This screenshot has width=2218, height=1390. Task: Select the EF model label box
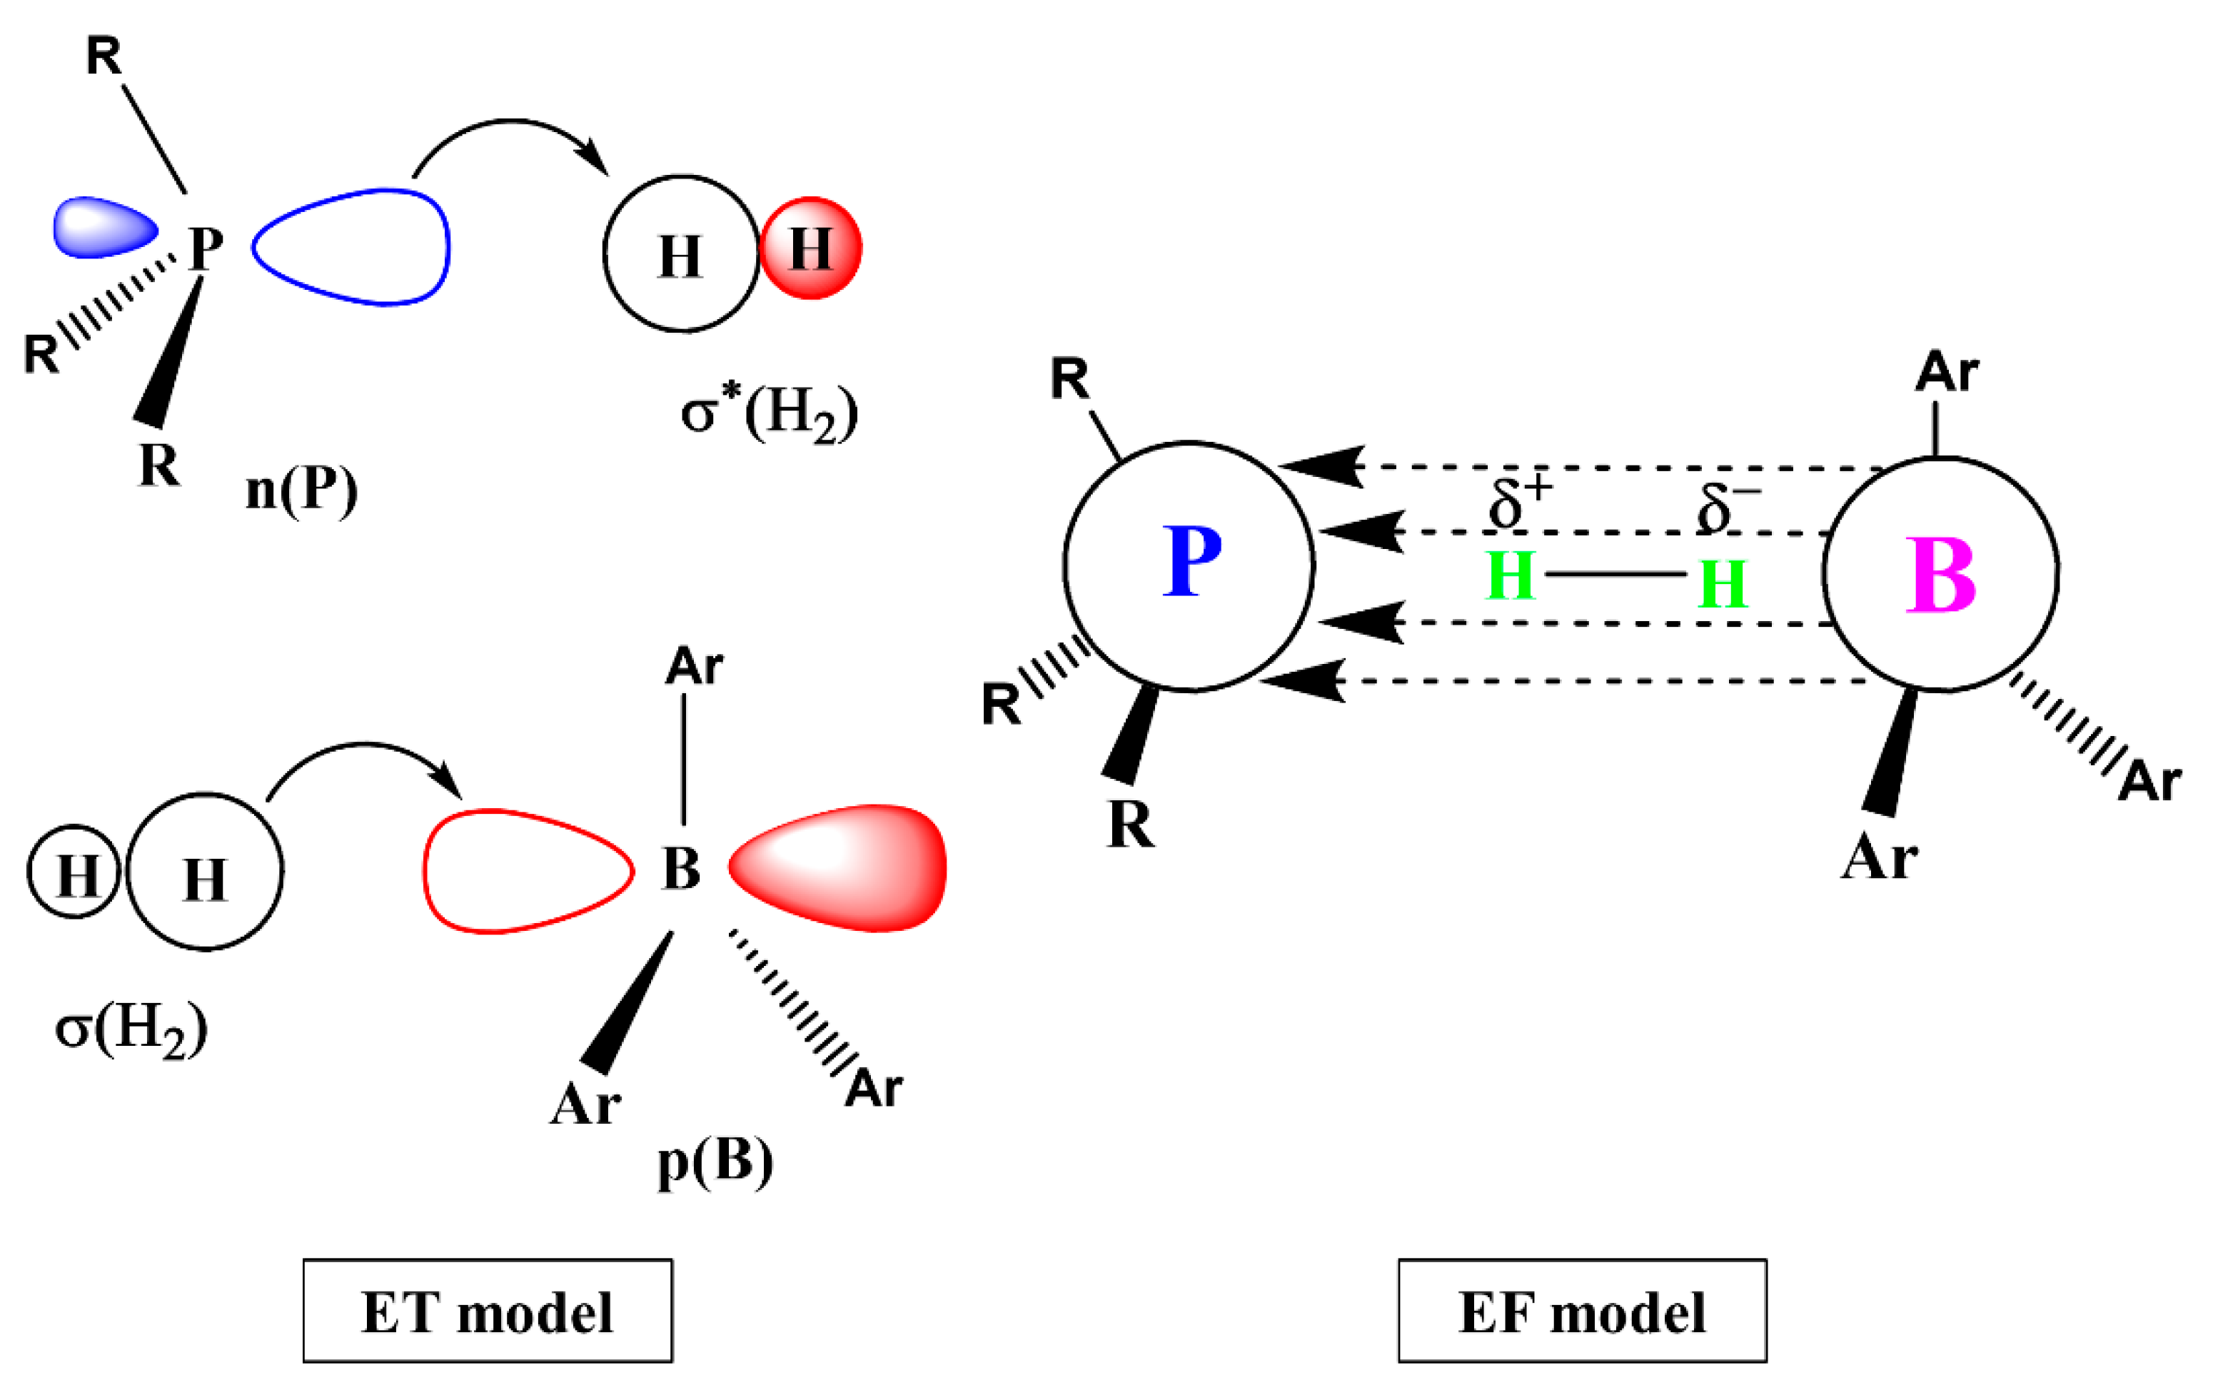coord(1582,1311)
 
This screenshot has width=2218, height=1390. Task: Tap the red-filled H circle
coord(810,248)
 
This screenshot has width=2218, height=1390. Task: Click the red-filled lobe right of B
coord(837,868)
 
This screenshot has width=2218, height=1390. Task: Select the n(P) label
coord(301,491)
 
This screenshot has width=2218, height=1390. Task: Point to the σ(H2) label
coord(131,1029)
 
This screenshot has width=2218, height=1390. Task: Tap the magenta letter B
coord(1940,575)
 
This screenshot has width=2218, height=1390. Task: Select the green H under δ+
coord(1511,576)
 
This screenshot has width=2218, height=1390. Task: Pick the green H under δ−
coord(1722,584)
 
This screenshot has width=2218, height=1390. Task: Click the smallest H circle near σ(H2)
coord(74,872)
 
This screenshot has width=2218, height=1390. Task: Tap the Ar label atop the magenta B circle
coord(1947,373)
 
